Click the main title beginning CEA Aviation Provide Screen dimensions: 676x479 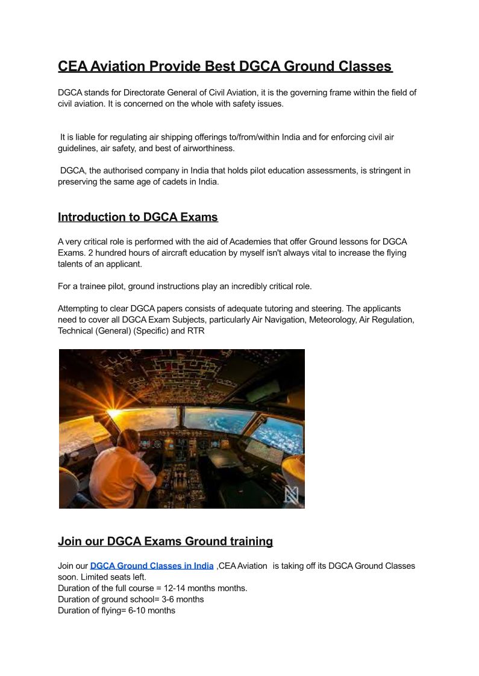pyautogui.click(x=225, y=66)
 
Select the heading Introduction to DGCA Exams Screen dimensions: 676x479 pyautogui.click(x=138, y=217)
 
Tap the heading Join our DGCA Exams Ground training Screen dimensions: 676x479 pyautogui.click(x=165, y=541)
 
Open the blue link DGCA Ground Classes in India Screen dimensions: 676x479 pyautogui.click(x=152, y=566)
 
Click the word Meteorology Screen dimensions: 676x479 pyautogui.click(x=333, y=320)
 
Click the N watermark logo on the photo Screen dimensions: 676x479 pyautogui.click(x=292, y=495)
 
